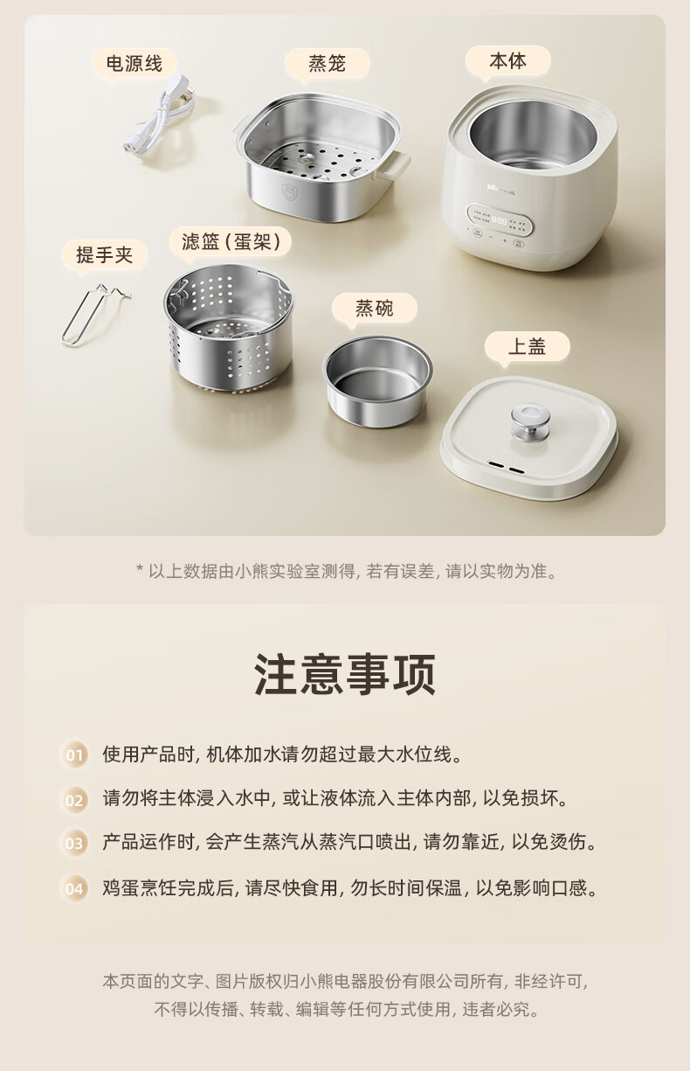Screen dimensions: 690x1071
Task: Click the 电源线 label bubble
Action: (135, 64)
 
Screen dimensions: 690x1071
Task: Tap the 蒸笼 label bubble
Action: (327, 64)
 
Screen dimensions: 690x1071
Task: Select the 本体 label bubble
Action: (507, 62)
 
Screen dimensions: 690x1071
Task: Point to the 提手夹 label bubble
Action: (105, 255)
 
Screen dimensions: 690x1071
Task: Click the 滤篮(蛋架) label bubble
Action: (231, 241)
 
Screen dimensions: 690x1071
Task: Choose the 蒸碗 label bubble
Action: (375, 309)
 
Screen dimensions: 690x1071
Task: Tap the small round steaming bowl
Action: (377, 380)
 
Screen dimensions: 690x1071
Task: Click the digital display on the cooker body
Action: (500, 221)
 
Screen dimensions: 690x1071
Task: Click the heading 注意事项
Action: (345, 674)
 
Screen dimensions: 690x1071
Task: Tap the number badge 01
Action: (74, 755)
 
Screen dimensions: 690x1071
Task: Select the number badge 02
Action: (74, 800)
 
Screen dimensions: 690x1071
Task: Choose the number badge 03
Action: (74, 843)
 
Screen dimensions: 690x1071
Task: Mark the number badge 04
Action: (74, 889)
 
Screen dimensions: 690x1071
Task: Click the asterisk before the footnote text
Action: (140, 568)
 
